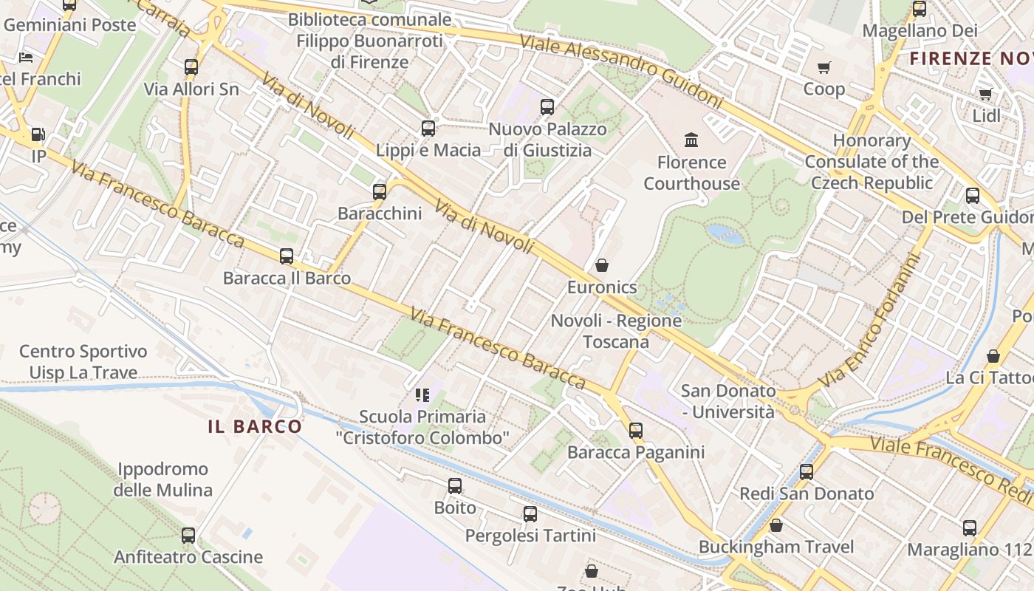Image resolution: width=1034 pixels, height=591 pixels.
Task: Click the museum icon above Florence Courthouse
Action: pos(691,140)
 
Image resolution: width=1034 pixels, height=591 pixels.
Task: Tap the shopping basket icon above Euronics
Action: pos(602,265)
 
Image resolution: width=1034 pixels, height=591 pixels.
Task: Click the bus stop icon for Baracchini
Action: pos(380,192)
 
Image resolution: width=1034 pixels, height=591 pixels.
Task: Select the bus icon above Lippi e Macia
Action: pos(428,129)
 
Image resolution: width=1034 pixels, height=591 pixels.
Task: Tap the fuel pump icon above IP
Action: pos(38,134)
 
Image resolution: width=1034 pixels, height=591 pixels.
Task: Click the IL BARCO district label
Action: pos(255,426)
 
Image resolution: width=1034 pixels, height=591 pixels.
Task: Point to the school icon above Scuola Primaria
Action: pos(422,395)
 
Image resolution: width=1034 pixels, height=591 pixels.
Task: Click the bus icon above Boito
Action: pos(455,486)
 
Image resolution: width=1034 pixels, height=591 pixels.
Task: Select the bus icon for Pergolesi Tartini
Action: pos(530,514)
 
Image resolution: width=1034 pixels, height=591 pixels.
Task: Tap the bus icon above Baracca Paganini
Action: pos(636,431)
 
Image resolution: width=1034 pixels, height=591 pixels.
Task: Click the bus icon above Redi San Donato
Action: pos(807,472)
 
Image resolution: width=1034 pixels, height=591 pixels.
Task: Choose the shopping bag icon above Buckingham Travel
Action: pos(776,525)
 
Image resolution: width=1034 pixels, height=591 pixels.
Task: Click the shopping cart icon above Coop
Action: pos(824,67)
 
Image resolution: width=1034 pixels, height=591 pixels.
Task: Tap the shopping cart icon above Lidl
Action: pos(985,94)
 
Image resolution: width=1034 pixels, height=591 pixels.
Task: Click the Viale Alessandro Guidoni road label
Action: pos(620,70)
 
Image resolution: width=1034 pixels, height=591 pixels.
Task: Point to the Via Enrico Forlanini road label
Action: pos(874,319)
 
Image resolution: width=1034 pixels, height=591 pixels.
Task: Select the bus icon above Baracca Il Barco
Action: pos(287,257)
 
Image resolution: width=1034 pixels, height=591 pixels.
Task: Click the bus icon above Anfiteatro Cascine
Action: pos(188,536)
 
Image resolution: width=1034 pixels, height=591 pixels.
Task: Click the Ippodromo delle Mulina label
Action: pos(162,479)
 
